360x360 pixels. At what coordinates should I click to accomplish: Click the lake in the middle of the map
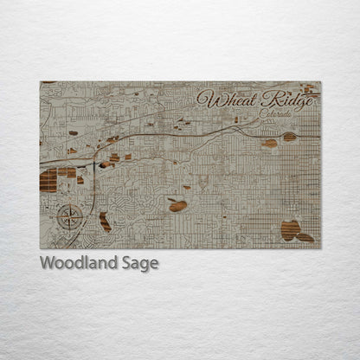click(177, 205)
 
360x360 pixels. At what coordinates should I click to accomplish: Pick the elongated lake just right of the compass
click(105, 221)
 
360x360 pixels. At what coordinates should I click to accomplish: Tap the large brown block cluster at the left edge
click(48, 180)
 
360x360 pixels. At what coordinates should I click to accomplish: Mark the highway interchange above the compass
click(92, 161)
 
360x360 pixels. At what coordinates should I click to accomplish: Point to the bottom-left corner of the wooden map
click(41, 247)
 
